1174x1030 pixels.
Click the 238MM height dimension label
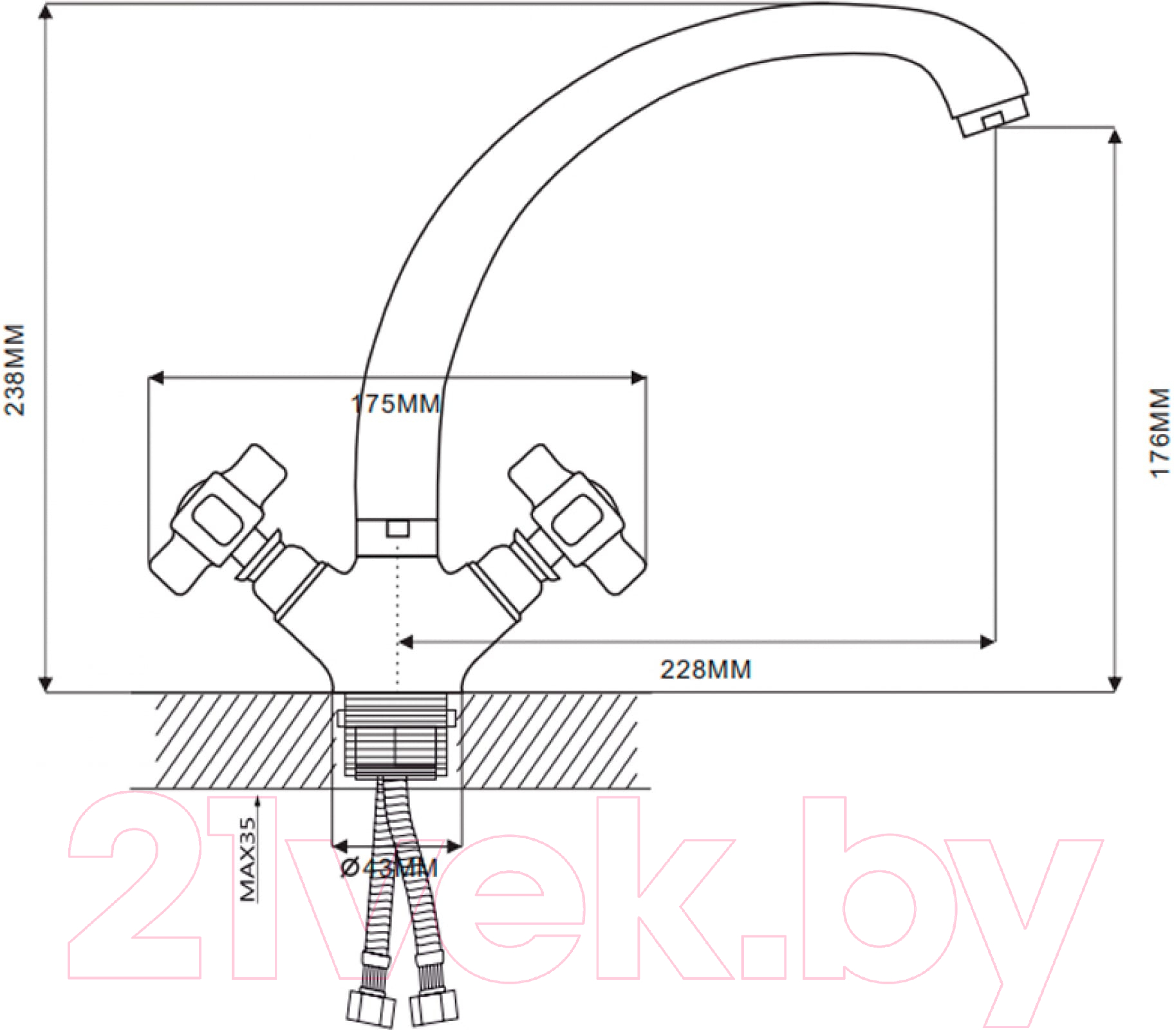14,370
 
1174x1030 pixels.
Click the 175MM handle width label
396,404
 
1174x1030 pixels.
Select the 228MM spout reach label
705,669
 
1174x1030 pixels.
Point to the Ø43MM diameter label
389,868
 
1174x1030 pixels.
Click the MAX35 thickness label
248,859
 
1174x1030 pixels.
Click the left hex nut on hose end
371,1009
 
